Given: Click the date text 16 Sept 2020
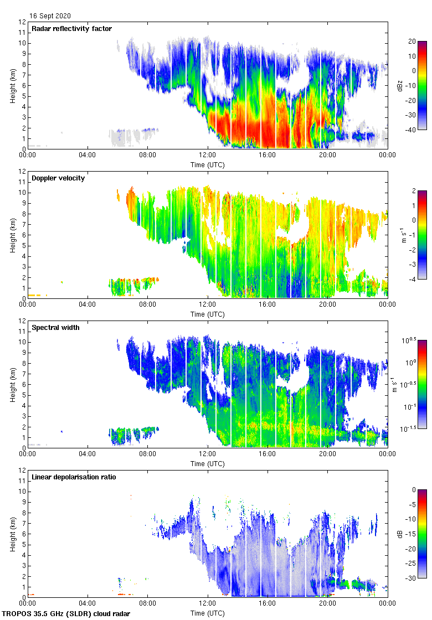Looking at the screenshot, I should tap(50, 16).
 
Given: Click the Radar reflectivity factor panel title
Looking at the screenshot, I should tap(72, 29).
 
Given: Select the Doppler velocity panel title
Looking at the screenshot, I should tap(58, 178).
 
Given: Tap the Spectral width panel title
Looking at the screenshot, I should tap(56, 328).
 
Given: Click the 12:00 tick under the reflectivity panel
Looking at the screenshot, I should tap(208, 156).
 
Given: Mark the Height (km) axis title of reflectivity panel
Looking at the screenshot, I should tap(12, 85).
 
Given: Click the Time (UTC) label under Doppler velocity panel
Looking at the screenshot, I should tap(208, 314).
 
